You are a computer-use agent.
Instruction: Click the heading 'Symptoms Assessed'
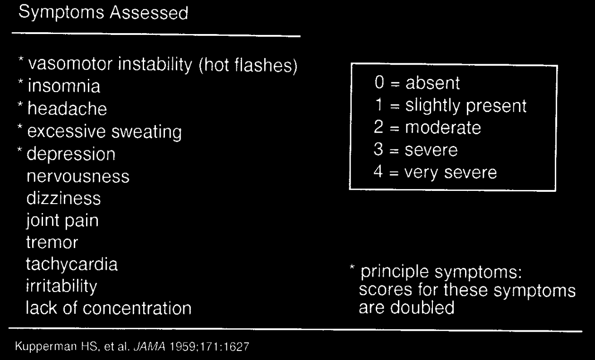[103, 13]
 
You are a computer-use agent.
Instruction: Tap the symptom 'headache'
[67, 109]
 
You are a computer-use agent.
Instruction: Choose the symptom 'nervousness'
[78, 177]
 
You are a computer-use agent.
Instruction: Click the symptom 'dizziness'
[63, 198]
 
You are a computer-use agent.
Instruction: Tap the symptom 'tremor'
[52, 242]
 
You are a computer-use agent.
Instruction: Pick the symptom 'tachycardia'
[72, 265]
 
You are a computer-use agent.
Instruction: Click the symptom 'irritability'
[61, 286]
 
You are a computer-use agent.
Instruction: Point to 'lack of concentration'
[109, 309]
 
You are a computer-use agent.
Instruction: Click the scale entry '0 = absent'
[416, 84]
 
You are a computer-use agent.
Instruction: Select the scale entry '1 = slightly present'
[449, 106]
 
